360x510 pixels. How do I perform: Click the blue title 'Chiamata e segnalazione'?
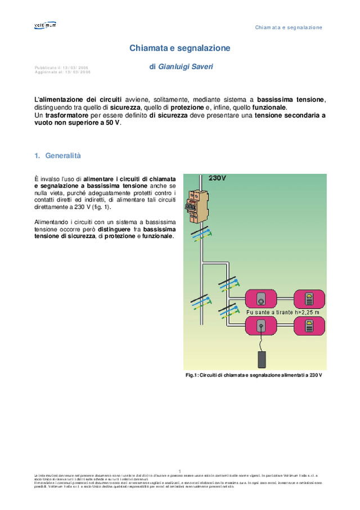[179, 48]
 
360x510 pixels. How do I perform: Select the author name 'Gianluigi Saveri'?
[185, 66]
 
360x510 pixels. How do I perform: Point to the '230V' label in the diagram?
[217, 178]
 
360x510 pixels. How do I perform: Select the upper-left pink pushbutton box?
[261, 299]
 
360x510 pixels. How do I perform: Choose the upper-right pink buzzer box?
[309, 299]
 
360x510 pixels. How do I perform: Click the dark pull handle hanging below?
[261, 360]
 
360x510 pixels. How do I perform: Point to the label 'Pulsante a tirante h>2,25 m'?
[283, 312]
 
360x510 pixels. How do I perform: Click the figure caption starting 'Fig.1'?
[254, 375]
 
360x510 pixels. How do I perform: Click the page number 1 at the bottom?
[179, 471]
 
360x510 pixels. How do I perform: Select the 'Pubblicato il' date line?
[61, 68]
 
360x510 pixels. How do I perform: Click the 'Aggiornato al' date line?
[62, 72]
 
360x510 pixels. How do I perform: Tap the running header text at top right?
[289, 27]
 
